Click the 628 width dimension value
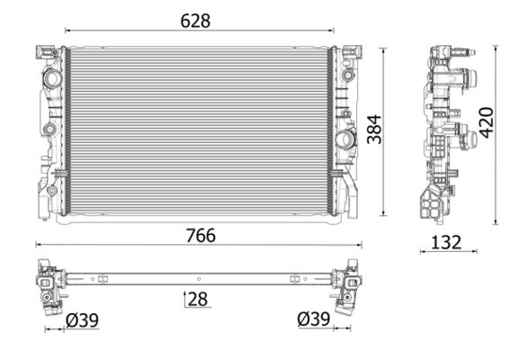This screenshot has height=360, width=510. (195, 20)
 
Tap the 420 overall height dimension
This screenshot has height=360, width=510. (487, 121)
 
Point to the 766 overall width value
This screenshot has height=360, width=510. (200, 235)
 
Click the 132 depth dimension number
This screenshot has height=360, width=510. (446, 241)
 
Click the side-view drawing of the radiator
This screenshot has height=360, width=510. (444, 135)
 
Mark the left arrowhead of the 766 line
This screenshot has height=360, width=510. (38, 244)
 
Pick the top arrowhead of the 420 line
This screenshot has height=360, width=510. (496, 48)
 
